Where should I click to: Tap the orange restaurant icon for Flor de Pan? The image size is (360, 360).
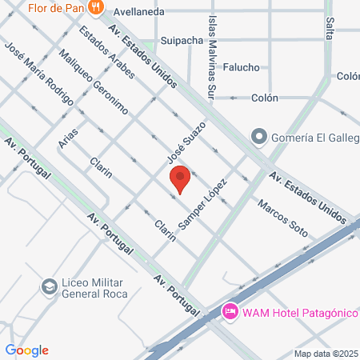click(x=96, y=7)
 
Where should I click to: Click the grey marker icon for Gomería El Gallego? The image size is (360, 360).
click(x=258, y=137)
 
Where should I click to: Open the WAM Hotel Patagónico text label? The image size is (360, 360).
click(x=299, y=310)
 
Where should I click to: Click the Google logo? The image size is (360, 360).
click(x=26, y=350)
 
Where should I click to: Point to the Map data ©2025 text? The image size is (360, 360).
click(x=326, y=354)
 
